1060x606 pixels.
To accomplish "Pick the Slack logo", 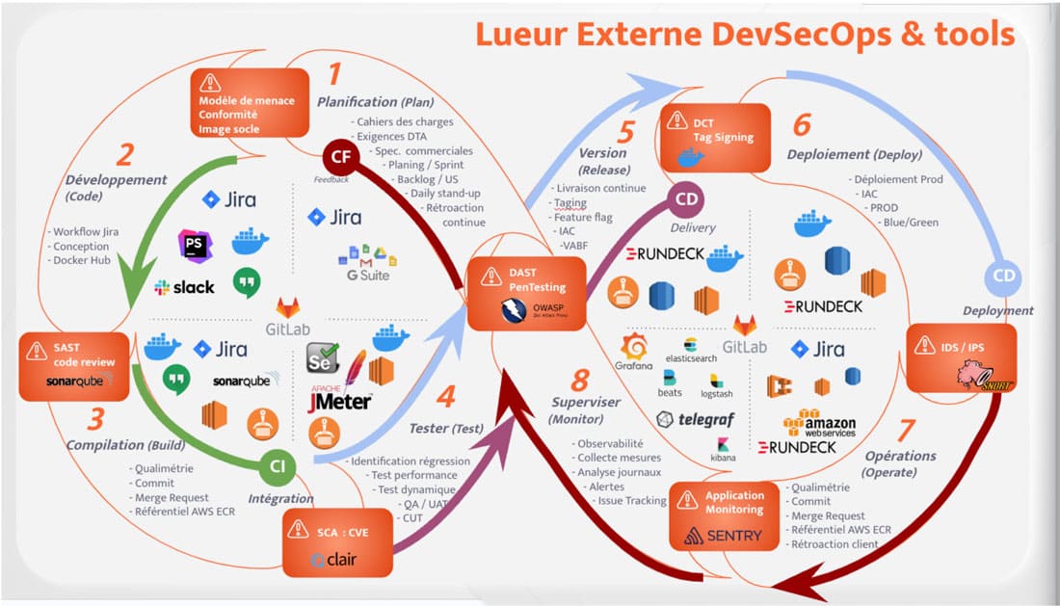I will [185, 286].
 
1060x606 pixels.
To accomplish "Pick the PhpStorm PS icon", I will [196, 245].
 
